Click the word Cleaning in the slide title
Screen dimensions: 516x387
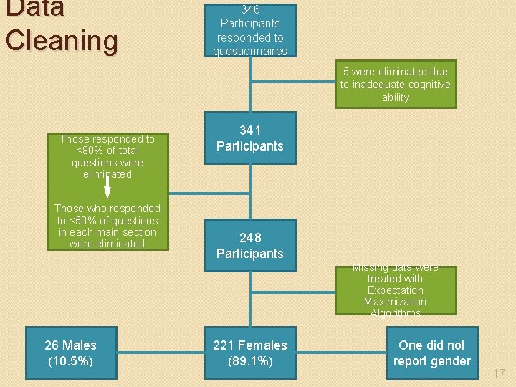pos(61,40)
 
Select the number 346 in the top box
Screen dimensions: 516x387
pos(250,10)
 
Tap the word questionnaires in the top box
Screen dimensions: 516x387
pos(249,51)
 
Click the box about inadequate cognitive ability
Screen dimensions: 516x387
pos(396,85)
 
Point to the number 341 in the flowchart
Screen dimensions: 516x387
pos(250,130)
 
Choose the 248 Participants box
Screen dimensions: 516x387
pos(250,245)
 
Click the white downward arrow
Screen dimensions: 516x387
pos(107,185)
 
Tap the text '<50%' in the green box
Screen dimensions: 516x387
pos(81,221)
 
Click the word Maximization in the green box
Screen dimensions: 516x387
pos(395,302)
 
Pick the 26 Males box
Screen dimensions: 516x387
pos(70,353)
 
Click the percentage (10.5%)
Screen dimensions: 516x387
pos(70,361)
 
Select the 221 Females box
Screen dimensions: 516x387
pos(250,353)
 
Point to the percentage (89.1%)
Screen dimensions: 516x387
pos(250,361)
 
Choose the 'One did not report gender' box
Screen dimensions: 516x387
pos(431,353)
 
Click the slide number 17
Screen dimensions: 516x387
pos(500,373)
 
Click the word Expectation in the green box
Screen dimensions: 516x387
pos(395,290)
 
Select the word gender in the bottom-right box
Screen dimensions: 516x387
pos(450,361)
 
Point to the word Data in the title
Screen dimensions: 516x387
pos(34,9)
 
